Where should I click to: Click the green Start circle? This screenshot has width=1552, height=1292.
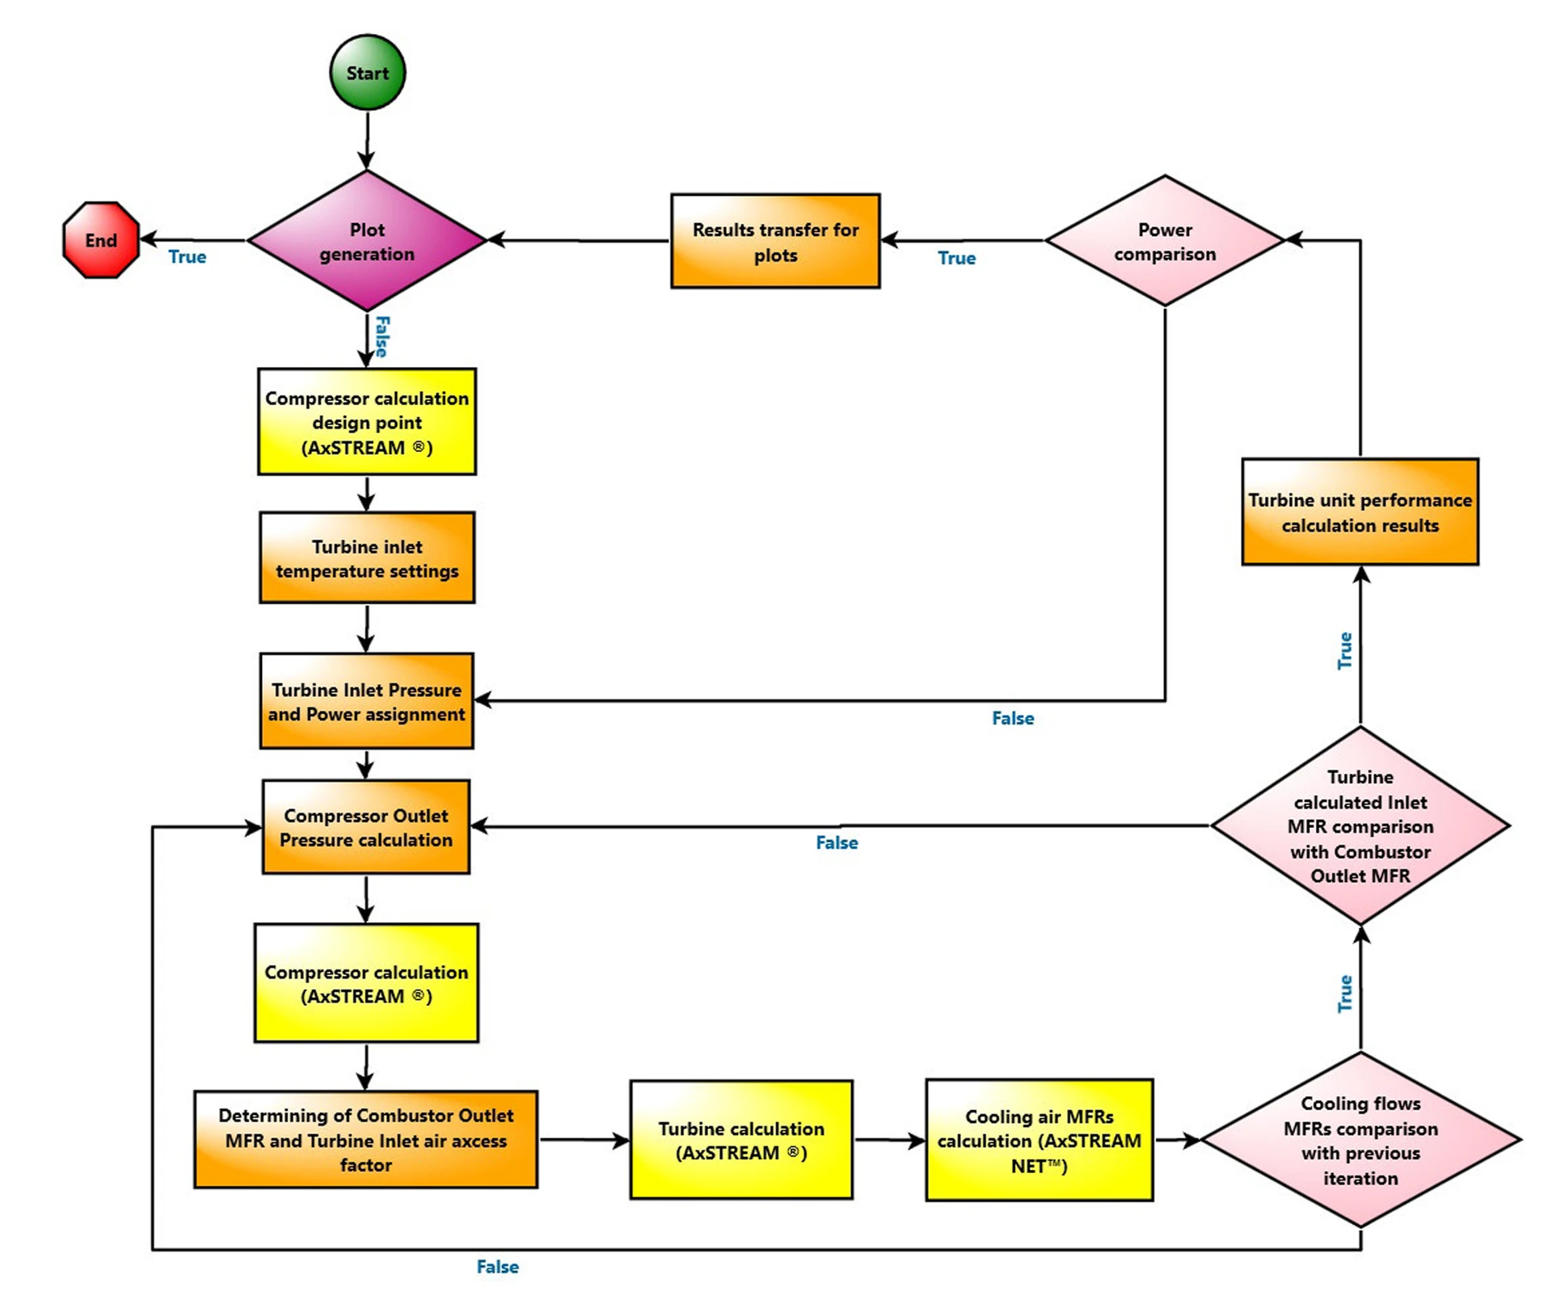coord(367,73)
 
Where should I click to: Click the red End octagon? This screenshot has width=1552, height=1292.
coord(101,240)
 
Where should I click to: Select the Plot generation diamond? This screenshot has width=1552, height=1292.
coord(367,241)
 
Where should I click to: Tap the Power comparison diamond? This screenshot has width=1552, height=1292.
coord(1164,241)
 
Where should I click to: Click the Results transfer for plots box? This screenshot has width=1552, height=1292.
coord(775,241)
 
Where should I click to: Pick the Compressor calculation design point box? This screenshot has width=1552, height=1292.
coord(367,422)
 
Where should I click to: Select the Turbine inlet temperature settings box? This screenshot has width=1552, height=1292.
coord(367,558)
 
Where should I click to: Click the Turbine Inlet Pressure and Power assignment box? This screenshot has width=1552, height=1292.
coord(367,701)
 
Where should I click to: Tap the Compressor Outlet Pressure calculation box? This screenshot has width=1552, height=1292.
coord(366,827)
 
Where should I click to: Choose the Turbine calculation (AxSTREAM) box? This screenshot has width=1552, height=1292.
coord(741,1140)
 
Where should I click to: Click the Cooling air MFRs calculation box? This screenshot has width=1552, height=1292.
coord(1039,1140)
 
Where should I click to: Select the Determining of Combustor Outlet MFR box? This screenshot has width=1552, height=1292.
coord(365,1139)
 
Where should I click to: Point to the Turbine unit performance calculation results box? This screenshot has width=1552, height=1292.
coord(1360,512)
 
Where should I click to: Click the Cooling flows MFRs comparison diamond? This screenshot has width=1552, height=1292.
coord(1360,1140)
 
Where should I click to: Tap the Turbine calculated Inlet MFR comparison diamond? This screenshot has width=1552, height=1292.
coord(1360,825)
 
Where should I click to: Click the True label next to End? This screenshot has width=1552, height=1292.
coord(187,257)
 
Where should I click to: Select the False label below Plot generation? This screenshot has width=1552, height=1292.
coord(382,336)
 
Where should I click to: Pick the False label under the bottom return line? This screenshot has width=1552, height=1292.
coord(497,1267)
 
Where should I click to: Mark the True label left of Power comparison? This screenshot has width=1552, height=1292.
coord(956,258)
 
